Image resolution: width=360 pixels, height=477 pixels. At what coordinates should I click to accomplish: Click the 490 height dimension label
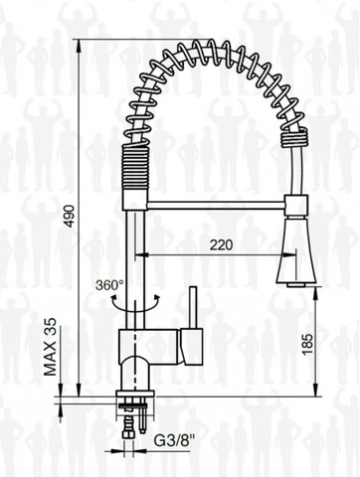point(70,217)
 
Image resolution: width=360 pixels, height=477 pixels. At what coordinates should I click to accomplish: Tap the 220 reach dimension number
point(221,244)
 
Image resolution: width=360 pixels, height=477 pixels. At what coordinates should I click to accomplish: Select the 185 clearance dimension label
point(307,344)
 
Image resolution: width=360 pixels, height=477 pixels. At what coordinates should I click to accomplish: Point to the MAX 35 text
point(51,347)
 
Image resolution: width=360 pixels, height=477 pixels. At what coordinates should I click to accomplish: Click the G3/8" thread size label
point(175,440)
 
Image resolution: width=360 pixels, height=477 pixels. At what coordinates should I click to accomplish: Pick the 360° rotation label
point(109,284)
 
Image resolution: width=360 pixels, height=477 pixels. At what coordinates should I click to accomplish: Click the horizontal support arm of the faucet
point(216,205)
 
